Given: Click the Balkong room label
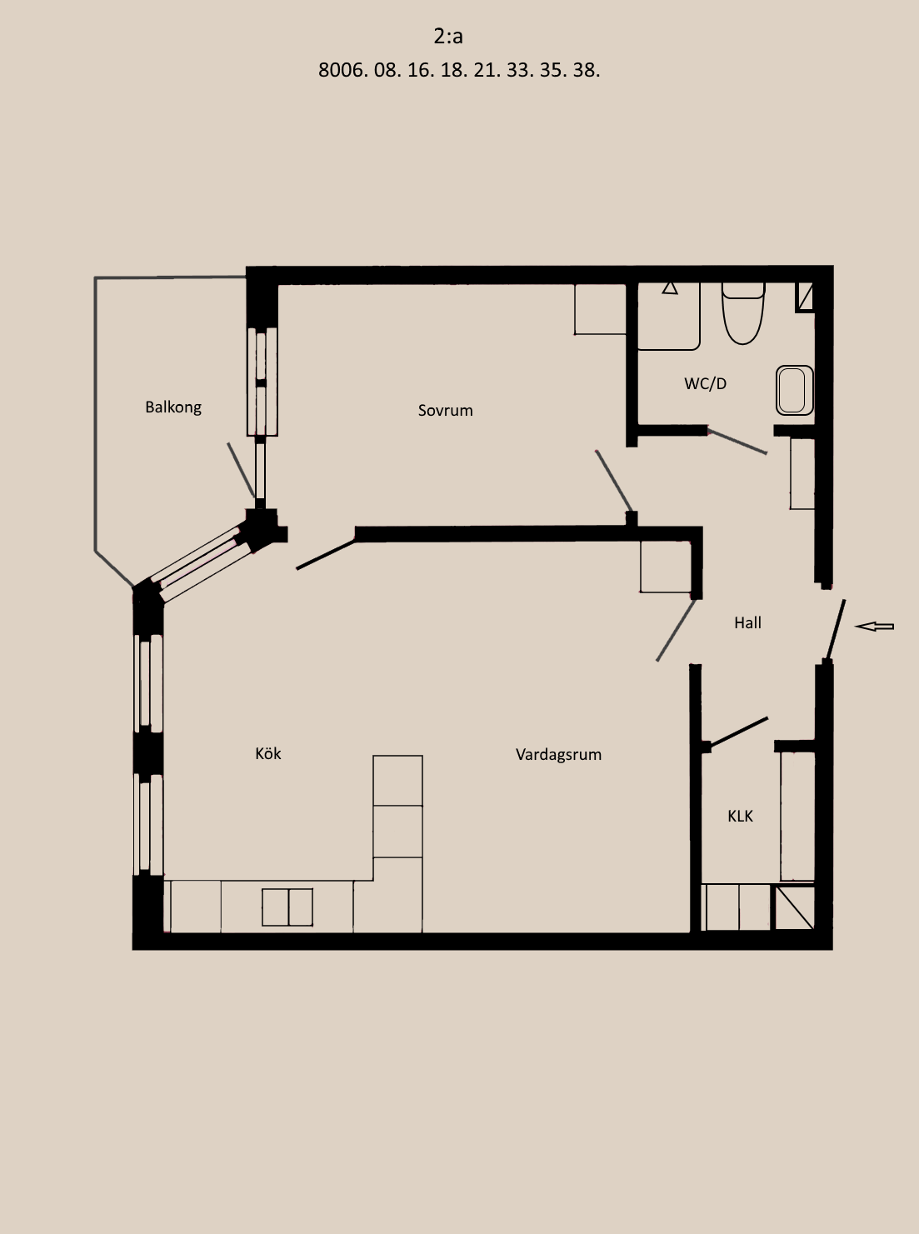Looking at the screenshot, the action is point(173,407).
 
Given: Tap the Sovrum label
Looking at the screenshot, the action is point(445,411).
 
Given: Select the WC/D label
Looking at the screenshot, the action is point(706,383).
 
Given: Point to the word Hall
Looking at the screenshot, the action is point(747,622).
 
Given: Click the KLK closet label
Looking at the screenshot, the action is point(740,817).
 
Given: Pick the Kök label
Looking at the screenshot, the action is point(267,753).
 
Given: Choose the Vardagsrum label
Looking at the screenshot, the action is point(558,755).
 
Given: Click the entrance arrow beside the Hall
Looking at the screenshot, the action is point(874,627).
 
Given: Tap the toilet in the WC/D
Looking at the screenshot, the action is point(743,313).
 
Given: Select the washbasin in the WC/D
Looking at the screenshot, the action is point(794,390).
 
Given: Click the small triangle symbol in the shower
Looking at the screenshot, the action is point(670,288).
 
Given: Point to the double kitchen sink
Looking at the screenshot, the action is point(287,907).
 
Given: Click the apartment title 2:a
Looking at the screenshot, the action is point(447,36).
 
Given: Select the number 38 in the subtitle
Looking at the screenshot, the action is point(587,70).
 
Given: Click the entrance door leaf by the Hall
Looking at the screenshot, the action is point(837,631).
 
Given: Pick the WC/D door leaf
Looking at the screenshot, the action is point(737,442).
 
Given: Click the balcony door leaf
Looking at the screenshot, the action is point(241,470).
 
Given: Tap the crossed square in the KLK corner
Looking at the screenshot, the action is point(795,907).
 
